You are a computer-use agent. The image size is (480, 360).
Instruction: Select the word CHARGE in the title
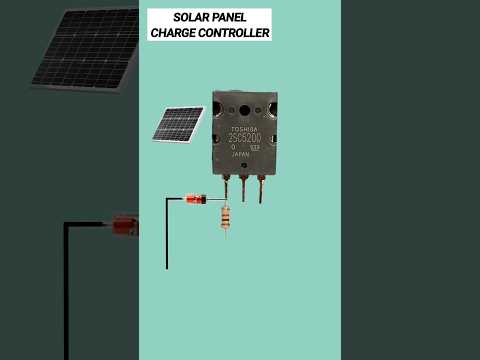click(x=174, y=33)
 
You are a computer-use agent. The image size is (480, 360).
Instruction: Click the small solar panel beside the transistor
click(x=178, y=124)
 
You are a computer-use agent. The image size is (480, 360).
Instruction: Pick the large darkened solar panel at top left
click(x=84, y=48)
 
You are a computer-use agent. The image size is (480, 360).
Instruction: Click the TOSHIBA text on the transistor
click(x=244, y=129)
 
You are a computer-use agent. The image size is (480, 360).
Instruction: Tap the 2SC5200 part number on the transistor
click(x=244, y=138)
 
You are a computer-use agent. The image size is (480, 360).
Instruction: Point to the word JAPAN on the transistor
click(x=240, y=155)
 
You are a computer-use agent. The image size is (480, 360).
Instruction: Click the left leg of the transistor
click(x=226, y=188)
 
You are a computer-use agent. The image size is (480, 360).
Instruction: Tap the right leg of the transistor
click(x=261, y=188)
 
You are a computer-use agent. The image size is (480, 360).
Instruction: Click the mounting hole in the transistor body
click(x=244, y=109)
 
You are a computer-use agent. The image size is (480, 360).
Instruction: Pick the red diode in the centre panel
click(x=196, y=200)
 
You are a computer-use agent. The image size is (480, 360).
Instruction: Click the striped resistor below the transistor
click(x=225, y=216)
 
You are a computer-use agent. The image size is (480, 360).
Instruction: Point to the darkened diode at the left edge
click(x=124, y=226)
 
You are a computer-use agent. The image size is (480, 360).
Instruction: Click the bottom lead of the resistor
click(x=225, y=233)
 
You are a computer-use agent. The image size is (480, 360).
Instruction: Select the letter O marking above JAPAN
click(x=233, y=147)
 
